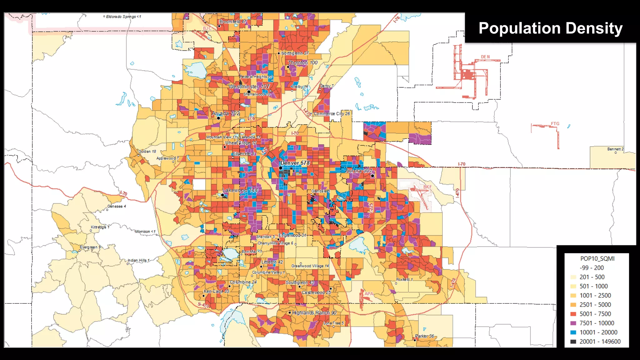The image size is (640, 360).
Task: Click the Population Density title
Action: (550, 28)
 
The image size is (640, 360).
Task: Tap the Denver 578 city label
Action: (295, 163)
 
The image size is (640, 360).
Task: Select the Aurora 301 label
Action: (359, 171)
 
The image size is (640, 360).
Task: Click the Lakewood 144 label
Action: (240, 190)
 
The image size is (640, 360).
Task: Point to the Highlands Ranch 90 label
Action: (314, 313)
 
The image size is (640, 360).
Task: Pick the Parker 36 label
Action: (424, 336)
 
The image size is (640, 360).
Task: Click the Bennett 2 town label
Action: (615, 149)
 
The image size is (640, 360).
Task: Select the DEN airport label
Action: (485, 57)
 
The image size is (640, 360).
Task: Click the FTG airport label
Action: (555, 124)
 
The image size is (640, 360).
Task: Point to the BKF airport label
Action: (427, 187)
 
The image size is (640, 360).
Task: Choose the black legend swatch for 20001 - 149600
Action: (573, 342)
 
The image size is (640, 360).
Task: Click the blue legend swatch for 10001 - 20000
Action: (573, 332)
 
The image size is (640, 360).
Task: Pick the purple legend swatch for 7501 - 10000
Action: (573, 323)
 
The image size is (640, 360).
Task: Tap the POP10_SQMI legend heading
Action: (597, 258)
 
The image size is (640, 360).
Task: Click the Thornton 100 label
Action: (302, 63)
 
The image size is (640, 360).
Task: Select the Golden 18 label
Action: (147, 151)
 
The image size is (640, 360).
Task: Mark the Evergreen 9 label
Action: (90, 247)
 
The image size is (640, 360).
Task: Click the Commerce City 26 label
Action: (332, 114)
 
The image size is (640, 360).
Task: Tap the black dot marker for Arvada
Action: (218, 118)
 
